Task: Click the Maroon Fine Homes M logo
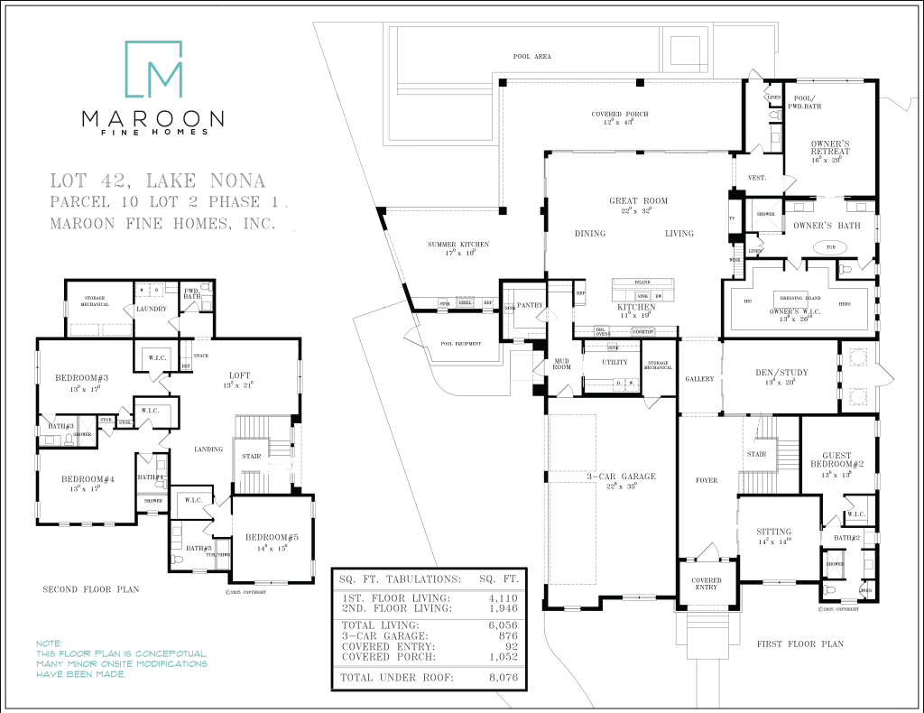pos(153,69)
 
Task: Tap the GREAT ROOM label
pos(638,201)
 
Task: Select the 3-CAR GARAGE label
pos(620,477)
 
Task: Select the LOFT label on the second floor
pos(239,375)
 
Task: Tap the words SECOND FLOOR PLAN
pos(91,589)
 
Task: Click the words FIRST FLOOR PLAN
pos(799,644)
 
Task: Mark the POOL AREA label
pos(531,57)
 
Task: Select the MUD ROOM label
pos(560,364)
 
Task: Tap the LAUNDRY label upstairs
pos(151,310)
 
